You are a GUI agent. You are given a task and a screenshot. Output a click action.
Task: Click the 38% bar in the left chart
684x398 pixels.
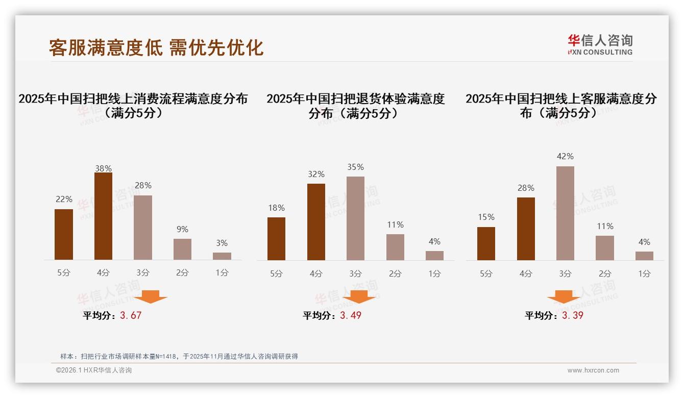[x=103, y=216]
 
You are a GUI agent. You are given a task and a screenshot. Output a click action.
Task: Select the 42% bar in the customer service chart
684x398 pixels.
[x=565, y=213]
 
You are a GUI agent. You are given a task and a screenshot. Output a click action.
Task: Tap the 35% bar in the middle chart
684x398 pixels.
[x=355, y=218]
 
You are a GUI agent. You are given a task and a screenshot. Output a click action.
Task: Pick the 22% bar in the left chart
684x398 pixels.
[x=64, y=235]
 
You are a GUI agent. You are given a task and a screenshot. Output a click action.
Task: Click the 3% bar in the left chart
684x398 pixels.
[x=222, y=256]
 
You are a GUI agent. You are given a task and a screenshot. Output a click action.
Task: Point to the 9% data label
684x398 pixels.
[x=182, y=229]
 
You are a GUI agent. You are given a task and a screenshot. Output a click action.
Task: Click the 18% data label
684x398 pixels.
[x=276, y=208]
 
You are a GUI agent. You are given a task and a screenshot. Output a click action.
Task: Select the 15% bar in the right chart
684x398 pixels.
[x=486, y=244]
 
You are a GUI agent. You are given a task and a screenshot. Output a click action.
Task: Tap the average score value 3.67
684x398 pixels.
[x=131, y=315]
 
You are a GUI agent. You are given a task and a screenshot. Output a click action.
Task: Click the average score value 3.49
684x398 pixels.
[x=351, y=315]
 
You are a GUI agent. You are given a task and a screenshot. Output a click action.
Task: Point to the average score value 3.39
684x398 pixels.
[x=573, y=315]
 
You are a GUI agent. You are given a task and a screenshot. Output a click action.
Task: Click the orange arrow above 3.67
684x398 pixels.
[x=151, y=296]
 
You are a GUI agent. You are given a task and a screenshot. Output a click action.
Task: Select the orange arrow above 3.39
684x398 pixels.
[x=564, y=296]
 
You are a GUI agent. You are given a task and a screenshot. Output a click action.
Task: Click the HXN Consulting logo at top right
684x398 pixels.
[x=600, y=44]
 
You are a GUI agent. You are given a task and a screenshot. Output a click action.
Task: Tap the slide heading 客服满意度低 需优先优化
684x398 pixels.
[x=156, y=47]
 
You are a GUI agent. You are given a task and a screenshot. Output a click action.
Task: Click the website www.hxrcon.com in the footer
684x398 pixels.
[x=593, y=370]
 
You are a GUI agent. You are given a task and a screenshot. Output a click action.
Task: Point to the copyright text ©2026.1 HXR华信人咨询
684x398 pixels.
[x=94, y=370]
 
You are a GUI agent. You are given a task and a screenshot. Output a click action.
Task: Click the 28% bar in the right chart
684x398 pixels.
[x=526, y=229]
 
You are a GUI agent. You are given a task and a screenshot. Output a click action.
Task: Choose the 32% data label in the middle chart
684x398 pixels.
[x=316, y=174]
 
